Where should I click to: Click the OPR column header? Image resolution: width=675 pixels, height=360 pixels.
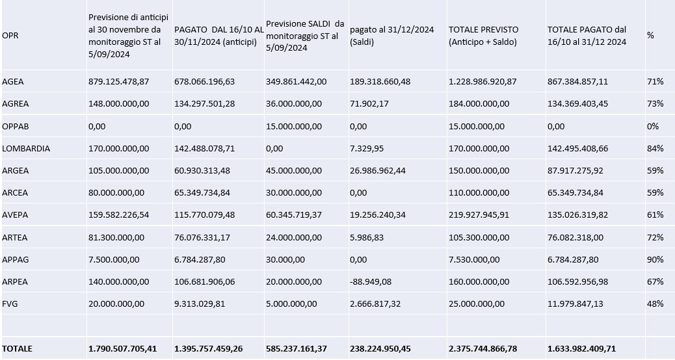coord(10,36)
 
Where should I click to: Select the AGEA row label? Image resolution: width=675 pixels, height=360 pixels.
coord(13,82)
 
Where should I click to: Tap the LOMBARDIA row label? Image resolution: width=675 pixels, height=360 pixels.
coord(26,148)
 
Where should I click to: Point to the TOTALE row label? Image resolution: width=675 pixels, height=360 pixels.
coord(17,349)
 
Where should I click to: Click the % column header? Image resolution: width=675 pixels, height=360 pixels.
coord(650,36)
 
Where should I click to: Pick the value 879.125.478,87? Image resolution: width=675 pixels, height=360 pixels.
coord(119,82)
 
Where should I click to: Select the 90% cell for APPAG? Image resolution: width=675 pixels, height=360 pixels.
coord(655,260)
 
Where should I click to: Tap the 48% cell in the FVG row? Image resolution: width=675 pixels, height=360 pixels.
coord(655,304)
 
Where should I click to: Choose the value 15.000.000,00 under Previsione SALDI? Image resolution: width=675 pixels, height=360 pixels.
coord(294,126)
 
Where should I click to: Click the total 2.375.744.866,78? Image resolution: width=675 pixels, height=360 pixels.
coord(483,349)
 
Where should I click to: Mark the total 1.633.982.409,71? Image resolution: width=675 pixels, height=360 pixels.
coord(581,349)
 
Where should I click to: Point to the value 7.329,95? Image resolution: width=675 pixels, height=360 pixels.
coord(367,148)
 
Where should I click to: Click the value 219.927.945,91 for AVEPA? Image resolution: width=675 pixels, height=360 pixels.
coord(479,215)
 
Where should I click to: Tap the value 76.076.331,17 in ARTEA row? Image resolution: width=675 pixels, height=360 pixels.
coord(204,237)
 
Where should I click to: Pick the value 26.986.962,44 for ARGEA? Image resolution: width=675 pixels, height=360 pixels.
coord(380,171)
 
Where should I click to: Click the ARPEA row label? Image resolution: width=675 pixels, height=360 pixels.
coord(16,282)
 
